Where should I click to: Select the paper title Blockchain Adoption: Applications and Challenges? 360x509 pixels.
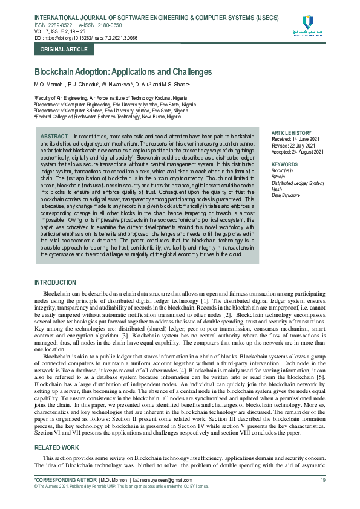(123, 72)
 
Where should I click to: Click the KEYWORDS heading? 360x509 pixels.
(284, 164)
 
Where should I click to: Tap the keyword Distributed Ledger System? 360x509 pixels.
(298, 183)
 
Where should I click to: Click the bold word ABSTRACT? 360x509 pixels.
(53, 137)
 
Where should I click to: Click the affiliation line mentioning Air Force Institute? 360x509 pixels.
(111, 97)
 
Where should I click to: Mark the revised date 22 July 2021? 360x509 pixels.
(296, 145)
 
